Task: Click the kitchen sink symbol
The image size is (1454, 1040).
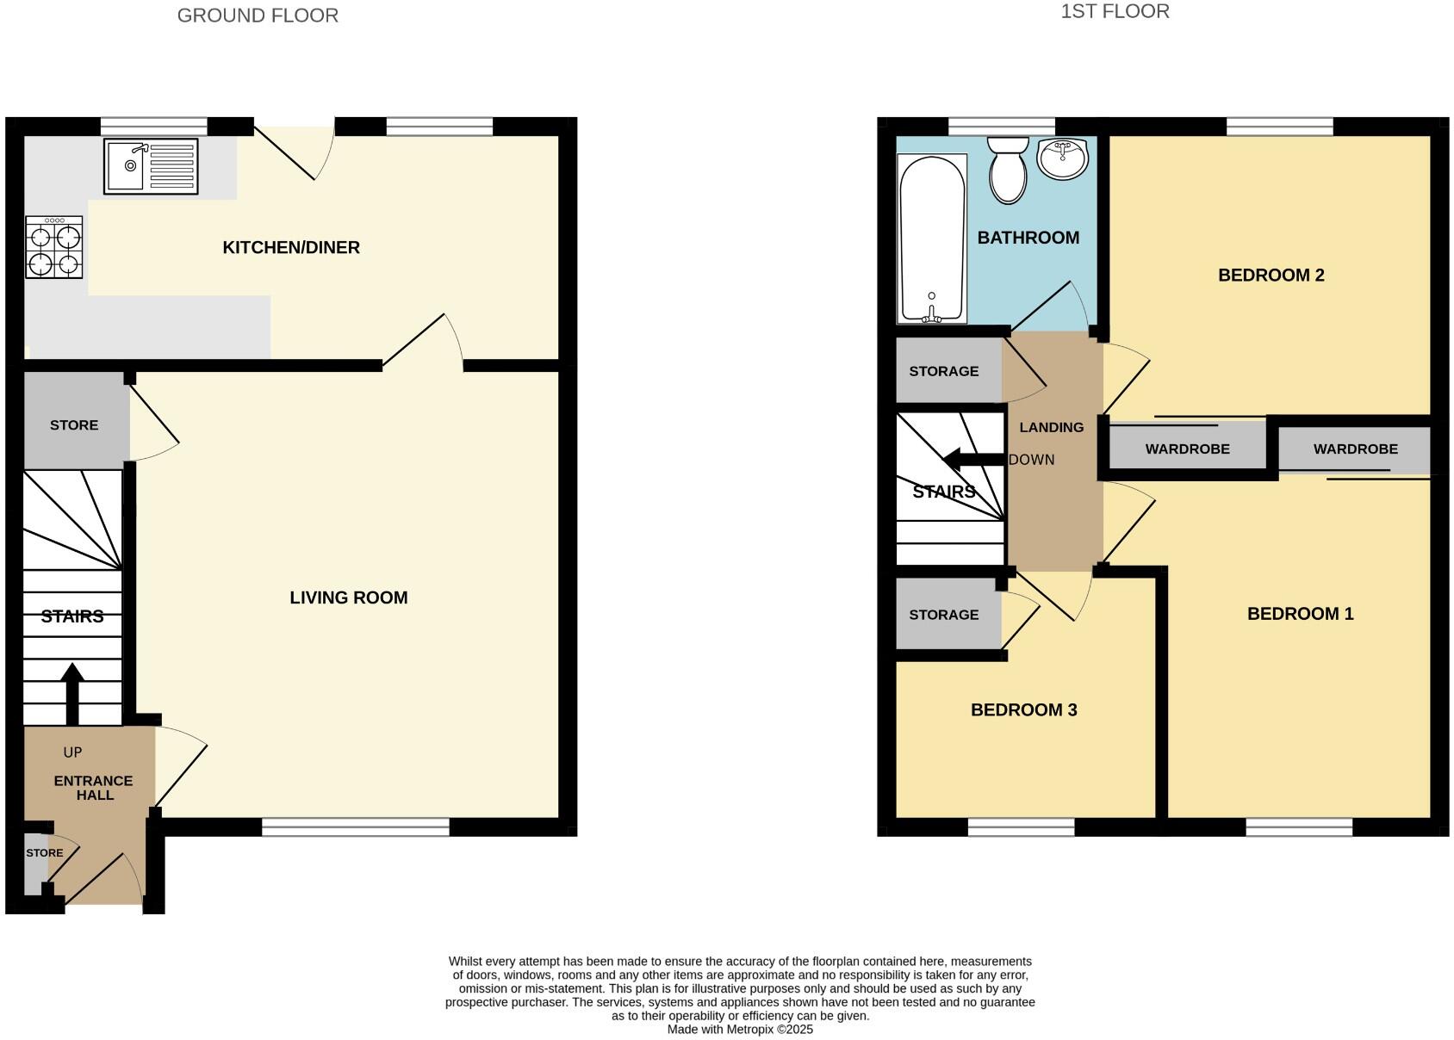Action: coord(151,166)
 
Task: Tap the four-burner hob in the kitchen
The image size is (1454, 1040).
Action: coord(54,247)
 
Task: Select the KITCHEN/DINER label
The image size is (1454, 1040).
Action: coord(291,248)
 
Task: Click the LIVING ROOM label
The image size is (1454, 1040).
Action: coord(348,597)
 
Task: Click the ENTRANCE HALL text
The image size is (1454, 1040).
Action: coord(94,788)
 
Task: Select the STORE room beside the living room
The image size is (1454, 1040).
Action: coord(74,425)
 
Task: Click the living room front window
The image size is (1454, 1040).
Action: coord(356,827)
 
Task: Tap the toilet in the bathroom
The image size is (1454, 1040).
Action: coord(1007,171)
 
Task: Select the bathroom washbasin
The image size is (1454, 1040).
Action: coord(1063,158)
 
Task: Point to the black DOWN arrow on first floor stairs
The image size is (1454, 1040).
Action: coord(973,460)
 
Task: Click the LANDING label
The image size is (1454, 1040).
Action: coord(1051,427)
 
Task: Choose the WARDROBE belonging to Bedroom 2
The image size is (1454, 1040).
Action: coord(1187,449)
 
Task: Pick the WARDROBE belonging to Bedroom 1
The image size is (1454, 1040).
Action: coord(1355,449)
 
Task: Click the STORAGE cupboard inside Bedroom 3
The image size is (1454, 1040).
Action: coord(944,615)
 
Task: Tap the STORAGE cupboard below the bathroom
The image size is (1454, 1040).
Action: coord(944,371)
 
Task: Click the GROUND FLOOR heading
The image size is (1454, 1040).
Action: coord(258,15)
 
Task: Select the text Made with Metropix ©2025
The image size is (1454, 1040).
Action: coord(740,1029)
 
